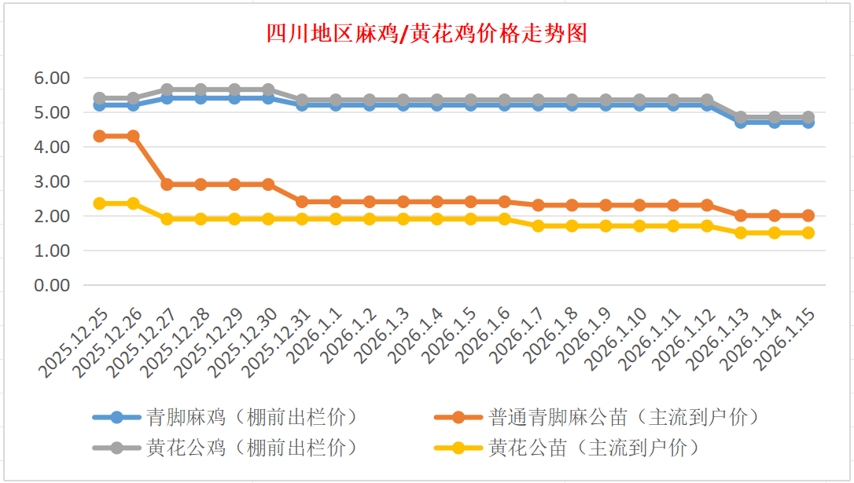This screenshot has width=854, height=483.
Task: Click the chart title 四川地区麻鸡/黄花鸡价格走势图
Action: pyautogui.click(x=426, y=34)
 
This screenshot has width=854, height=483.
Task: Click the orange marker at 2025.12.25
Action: pyautogui.click(x=100, y=136)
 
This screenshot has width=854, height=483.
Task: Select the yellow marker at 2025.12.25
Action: pyautogui.click(x=100, y=203)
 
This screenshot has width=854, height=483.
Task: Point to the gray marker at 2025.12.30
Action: pyautogui.click(x=268, y=90)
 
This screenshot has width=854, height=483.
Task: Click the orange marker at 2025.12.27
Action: pyautogui.click(x=167, y=185)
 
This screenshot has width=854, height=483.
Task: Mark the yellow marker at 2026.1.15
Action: pyautogui.click(x=808, y=232)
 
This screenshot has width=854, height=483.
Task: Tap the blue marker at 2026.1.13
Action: pyautogui.click(x=741, y=122)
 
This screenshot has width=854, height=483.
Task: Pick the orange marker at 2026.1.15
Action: pyautogui.click(x=808, y=215)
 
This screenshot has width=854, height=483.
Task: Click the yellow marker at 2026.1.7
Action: pyautogui.click(x=538, y=226)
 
